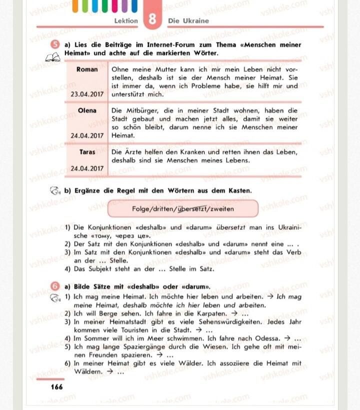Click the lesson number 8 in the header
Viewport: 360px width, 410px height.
pos(152,19)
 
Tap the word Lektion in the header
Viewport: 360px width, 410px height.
pos(126,21)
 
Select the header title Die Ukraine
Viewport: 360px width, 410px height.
pos(188,21)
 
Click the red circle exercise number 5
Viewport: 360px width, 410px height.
pos(56,45)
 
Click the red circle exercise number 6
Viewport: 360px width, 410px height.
pos(56,286)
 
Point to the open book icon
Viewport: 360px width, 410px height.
pos(52,57)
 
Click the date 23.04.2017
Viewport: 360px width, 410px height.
pos(87,94)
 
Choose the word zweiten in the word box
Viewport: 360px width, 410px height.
pos(221,209)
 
